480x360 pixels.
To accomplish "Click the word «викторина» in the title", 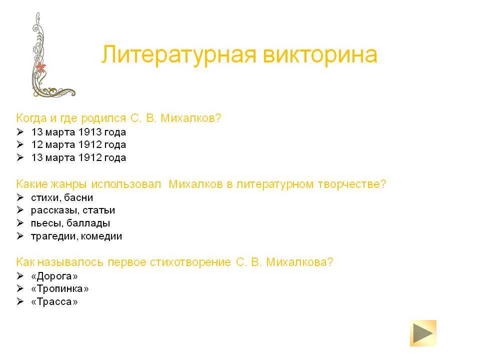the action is [x=320, y=55].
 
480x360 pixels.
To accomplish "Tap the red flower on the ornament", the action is [x=40, y=67].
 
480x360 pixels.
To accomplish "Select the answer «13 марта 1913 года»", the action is [x=78, y=132].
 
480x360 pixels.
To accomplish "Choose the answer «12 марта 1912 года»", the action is [x=78, y=144].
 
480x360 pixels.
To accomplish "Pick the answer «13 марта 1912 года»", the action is [x=78, y=157].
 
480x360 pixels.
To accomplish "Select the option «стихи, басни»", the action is [x=62, y=198].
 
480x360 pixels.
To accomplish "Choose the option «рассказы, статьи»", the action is [x=73, y=210].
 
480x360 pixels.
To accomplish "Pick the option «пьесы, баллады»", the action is [x=70, y=223].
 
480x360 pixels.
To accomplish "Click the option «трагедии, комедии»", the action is [x=76, y=236].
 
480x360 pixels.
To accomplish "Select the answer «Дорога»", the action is [x=54, y=276].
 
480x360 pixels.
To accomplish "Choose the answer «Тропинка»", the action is [x=59, y=288].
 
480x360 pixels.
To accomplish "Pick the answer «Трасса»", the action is [x=54, y=301].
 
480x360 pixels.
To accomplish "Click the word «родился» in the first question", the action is [x=103, y=118].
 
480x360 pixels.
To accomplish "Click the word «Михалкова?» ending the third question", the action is [x=299, y=262].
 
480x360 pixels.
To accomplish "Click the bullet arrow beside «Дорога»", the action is [x=20, y=276].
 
